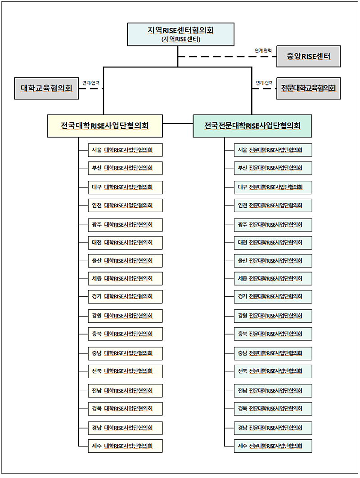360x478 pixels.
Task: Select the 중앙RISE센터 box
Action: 308,57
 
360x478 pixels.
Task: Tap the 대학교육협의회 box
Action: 46,88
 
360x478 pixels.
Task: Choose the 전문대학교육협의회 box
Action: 308,88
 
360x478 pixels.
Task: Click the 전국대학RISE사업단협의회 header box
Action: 105,126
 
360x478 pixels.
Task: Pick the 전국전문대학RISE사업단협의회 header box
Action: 252,126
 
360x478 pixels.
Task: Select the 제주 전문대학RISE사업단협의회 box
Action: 274,446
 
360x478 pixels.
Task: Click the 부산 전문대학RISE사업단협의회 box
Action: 274,168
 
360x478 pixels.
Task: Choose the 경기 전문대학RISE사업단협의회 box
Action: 274,297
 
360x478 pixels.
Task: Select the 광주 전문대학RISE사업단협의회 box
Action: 274,224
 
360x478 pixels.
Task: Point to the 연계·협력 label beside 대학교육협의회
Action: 91,83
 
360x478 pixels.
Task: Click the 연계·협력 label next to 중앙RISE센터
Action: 263,51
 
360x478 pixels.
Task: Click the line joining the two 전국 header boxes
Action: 178,123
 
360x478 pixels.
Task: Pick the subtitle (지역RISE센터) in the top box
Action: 180,39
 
